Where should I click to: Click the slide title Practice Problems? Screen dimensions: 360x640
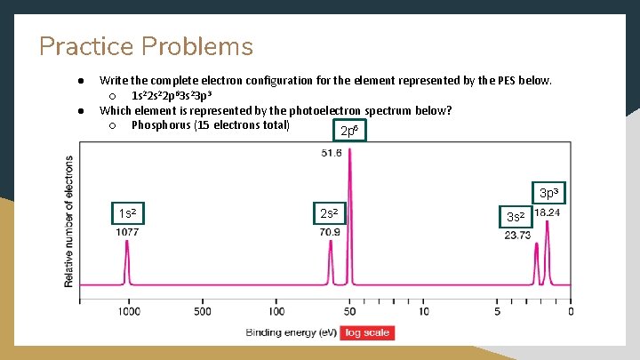[146, 46]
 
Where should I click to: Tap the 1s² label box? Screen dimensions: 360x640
[127, 213]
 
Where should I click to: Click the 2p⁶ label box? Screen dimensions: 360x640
[349, 132]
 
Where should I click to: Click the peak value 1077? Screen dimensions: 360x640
[126, 232]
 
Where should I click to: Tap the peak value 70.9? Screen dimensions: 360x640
[330, 232]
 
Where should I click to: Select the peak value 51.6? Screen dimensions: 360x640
[331, 153]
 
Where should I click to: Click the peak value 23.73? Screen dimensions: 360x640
[517, 236]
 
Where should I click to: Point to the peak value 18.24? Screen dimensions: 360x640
[547, 213]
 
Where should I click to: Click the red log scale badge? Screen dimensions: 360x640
[367, 332]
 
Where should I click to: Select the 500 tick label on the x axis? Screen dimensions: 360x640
[202, 311]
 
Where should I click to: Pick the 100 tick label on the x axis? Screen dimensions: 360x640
[276, 311]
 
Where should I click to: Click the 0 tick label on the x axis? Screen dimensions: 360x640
[571, 311]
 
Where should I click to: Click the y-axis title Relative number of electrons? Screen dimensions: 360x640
[69, 221]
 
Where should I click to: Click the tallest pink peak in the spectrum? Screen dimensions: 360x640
[350, 213]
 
